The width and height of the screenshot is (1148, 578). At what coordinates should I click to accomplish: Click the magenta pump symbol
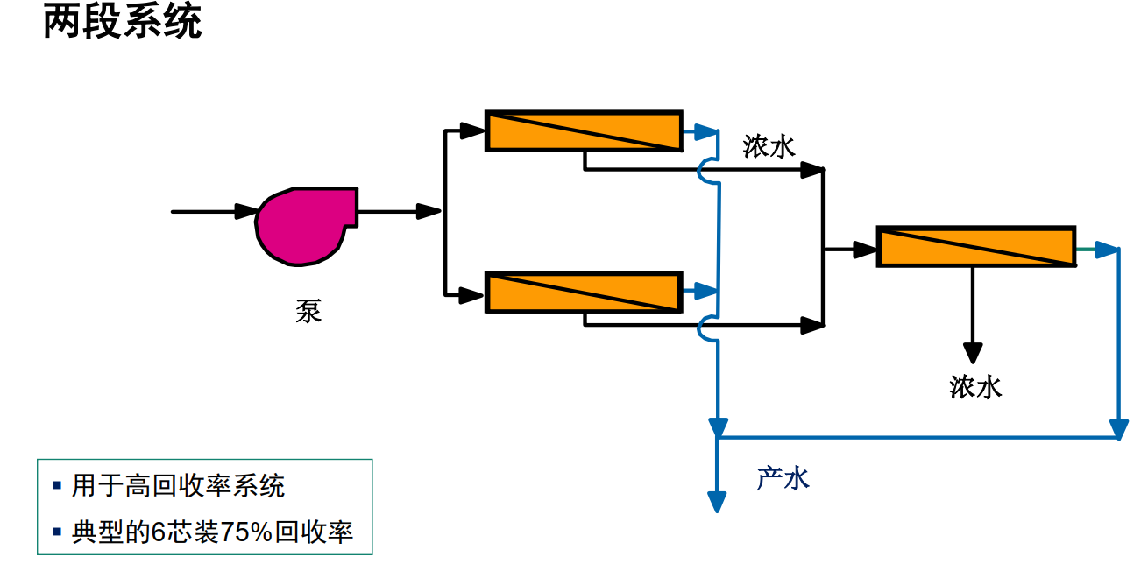pyautogui.click(x=302, y=225)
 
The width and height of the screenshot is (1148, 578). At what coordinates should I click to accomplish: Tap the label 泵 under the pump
pyautogui.click(x=308, y=311)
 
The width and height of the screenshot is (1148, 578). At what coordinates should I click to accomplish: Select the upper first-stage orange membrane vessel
pyautogui.click(x=584, y=131)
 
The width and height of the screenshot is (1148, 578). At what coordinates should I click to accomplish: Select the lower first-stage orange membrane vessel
pyautogui.click(x=584, y=292)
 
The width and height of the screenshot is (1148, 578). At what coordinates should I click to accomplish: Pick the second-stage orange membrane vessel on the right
pyautogui.click(x=975, y=246)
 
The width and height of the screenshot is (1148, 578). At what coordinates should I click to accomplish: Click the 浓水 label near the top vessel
pyautogui.click(x=769, y=146)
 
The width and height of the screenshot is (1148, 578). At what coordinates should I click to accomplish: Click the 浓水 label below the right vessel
pyautogui.click(x=974, y=387)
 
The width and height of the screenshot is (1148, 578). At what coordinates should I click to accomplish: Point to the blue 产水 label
pyautogui.click(x=783, y=478)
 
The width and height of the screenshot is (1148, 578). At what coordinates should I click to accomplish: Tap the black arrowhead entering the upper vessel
pyautogui.click(x=471, y=131)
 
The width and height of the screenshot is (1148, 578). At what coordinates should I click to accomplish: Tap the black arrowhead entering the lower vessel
pyautogui.click(x=471, y=295)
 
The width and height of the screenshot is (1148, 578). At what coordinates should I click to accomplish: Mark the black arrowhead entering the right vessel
pyautogui.click(x=864, y=250)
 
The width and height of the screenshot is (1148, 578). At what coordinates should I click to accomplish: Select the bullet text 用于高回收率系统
pyautogui.click(x=179, y=486)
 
